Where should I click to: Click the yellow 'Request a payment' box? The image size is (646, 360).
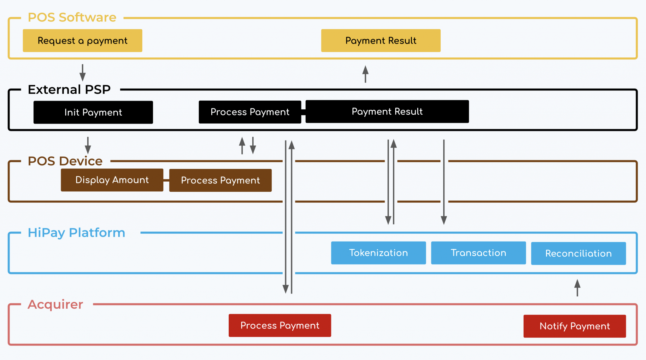coord(82,41)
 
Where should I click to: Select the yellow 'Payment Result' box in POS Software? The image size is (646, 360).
coord(381,41)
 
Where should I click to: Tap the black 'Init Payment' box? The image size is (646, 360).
coord(93,112)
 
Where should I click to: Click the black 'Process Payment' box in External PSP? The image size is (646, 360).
coord(250,112)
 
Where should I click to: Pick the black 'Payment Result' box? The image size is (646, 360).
coord(387,112)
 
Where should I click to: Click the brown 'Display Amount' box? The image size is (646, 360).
coord(112,180)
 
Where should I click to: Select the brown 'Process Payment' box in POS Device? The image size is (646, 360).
coord(220,180)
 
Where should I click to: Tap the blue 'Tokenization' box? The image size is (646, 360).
coord(378,253)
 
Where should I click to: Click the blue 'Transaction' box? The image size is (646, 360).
coord(478,253)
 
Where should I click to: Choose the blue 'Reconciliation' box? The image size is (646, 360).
coord(578,253)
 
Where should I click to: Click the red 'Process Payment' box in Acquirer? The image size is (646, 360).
coord(280,325)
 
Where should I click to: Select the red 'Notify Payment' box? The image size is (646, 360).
coord(574,326)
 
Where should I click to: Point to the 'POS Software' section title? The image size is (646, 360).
coord(72,17)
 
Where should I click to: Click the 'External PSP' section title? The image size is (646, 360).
coord(69,90)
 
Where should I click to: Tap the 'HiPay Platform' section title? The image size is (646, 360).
coord(76,233)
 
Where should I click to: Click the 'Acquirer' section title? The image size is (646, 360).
coord(55,304)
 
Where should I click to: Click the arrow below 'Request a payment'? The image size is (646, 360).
coord(82,73)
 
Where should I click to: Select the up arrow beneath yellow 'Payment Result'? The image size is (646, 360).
coord(365,74)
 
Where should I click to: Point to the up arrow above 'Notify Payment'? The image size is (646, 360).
coord(577,287)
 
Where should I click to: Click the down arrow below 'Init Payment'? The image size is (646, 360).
coord(88,145)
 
